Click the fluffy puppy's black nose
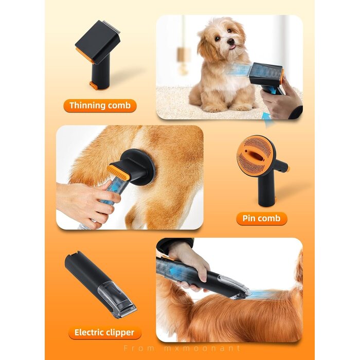pyautogui.click(x=231, y=42)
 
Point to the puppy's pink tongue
pyautogui.click(x=233, y=47)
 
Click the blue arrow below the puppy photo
pyautogui.click(x=269, y=119)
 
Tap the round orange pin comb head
pyautogui.click(x=255, y=154)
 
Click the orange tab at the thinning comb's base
pyautogui.click(x=94, y=85)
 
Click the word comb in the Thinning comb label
pyautogui.click(x=119, y=105)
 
